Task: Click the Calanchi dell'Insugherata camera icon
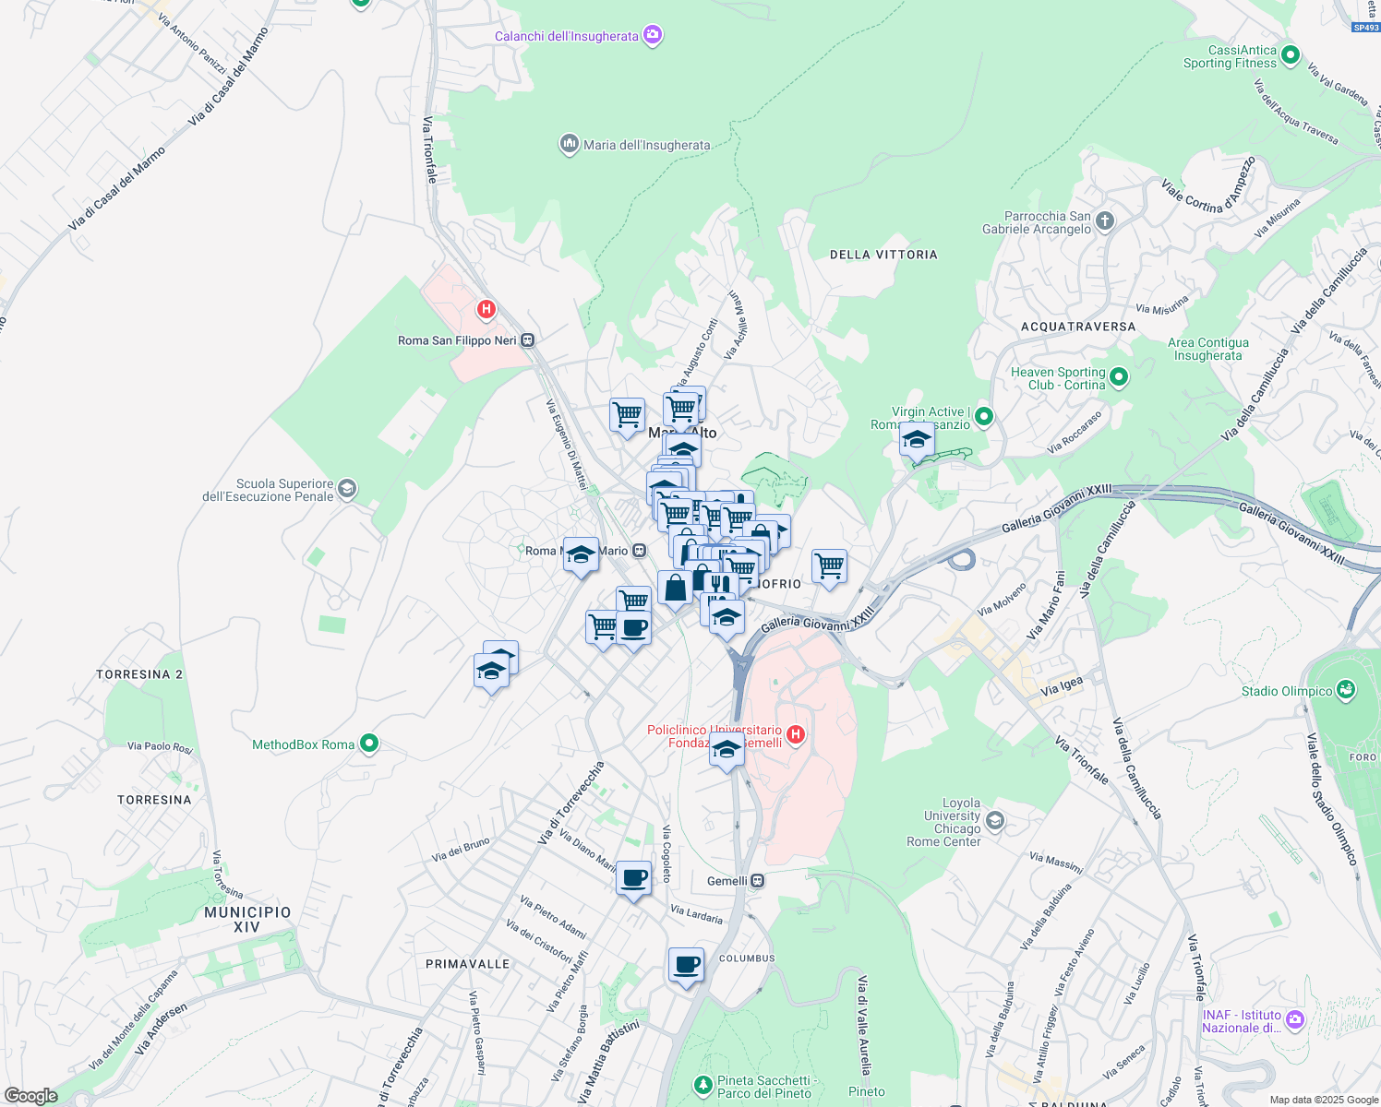click(653, 35)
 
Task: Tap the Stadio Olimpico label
click(1287, 691)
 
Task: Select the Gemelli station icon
click(757, 881)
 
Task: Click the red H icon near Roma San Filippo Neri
click(486, 309)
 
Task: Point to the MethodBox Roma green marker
click(369, 744)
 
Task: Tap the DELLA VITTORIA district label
click(883, 255)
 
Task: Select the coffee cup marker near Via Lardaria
click(634, 879)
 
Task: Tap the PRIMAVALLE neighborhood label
click(467, 964)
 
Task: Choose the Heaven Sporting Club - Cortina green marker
click(1119, 376)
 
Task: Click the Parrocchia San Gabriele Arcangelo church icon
click(1105, 221)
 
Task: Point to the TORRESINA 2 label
click(139, 674)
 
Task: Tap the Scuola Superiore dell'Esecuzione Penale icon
click(347, 488)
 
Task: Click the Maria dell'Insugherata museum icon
click(569, 144)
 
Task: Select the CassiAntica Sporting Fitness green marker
click(1291, 55)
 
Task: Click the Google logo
click(30, 1096)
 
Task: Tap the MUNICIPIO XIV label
click(247, 919)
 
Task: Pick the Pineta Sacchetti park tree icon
click(703, 1083)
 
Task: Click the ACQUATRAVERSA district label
click(1078, 327)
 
